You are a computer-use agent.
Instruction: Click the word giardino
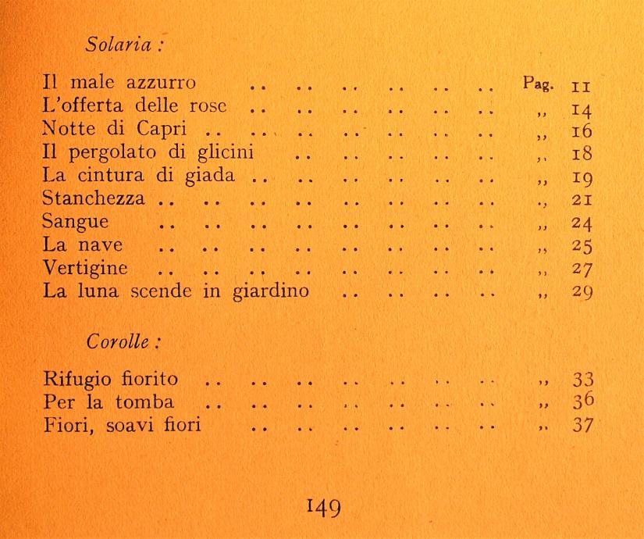tap(291, 294)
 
